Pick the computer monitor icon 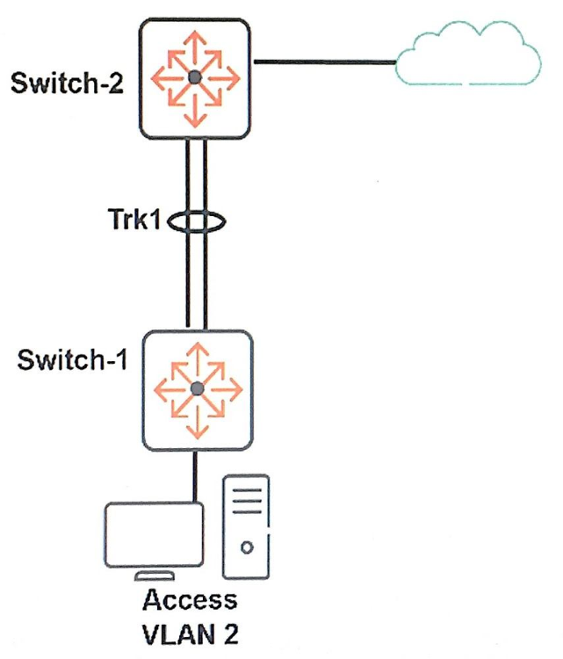pos(153,536)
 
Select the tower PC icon pos(247,527)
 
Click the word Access pos(190,601)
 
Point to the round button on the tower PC pos(247,547)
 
